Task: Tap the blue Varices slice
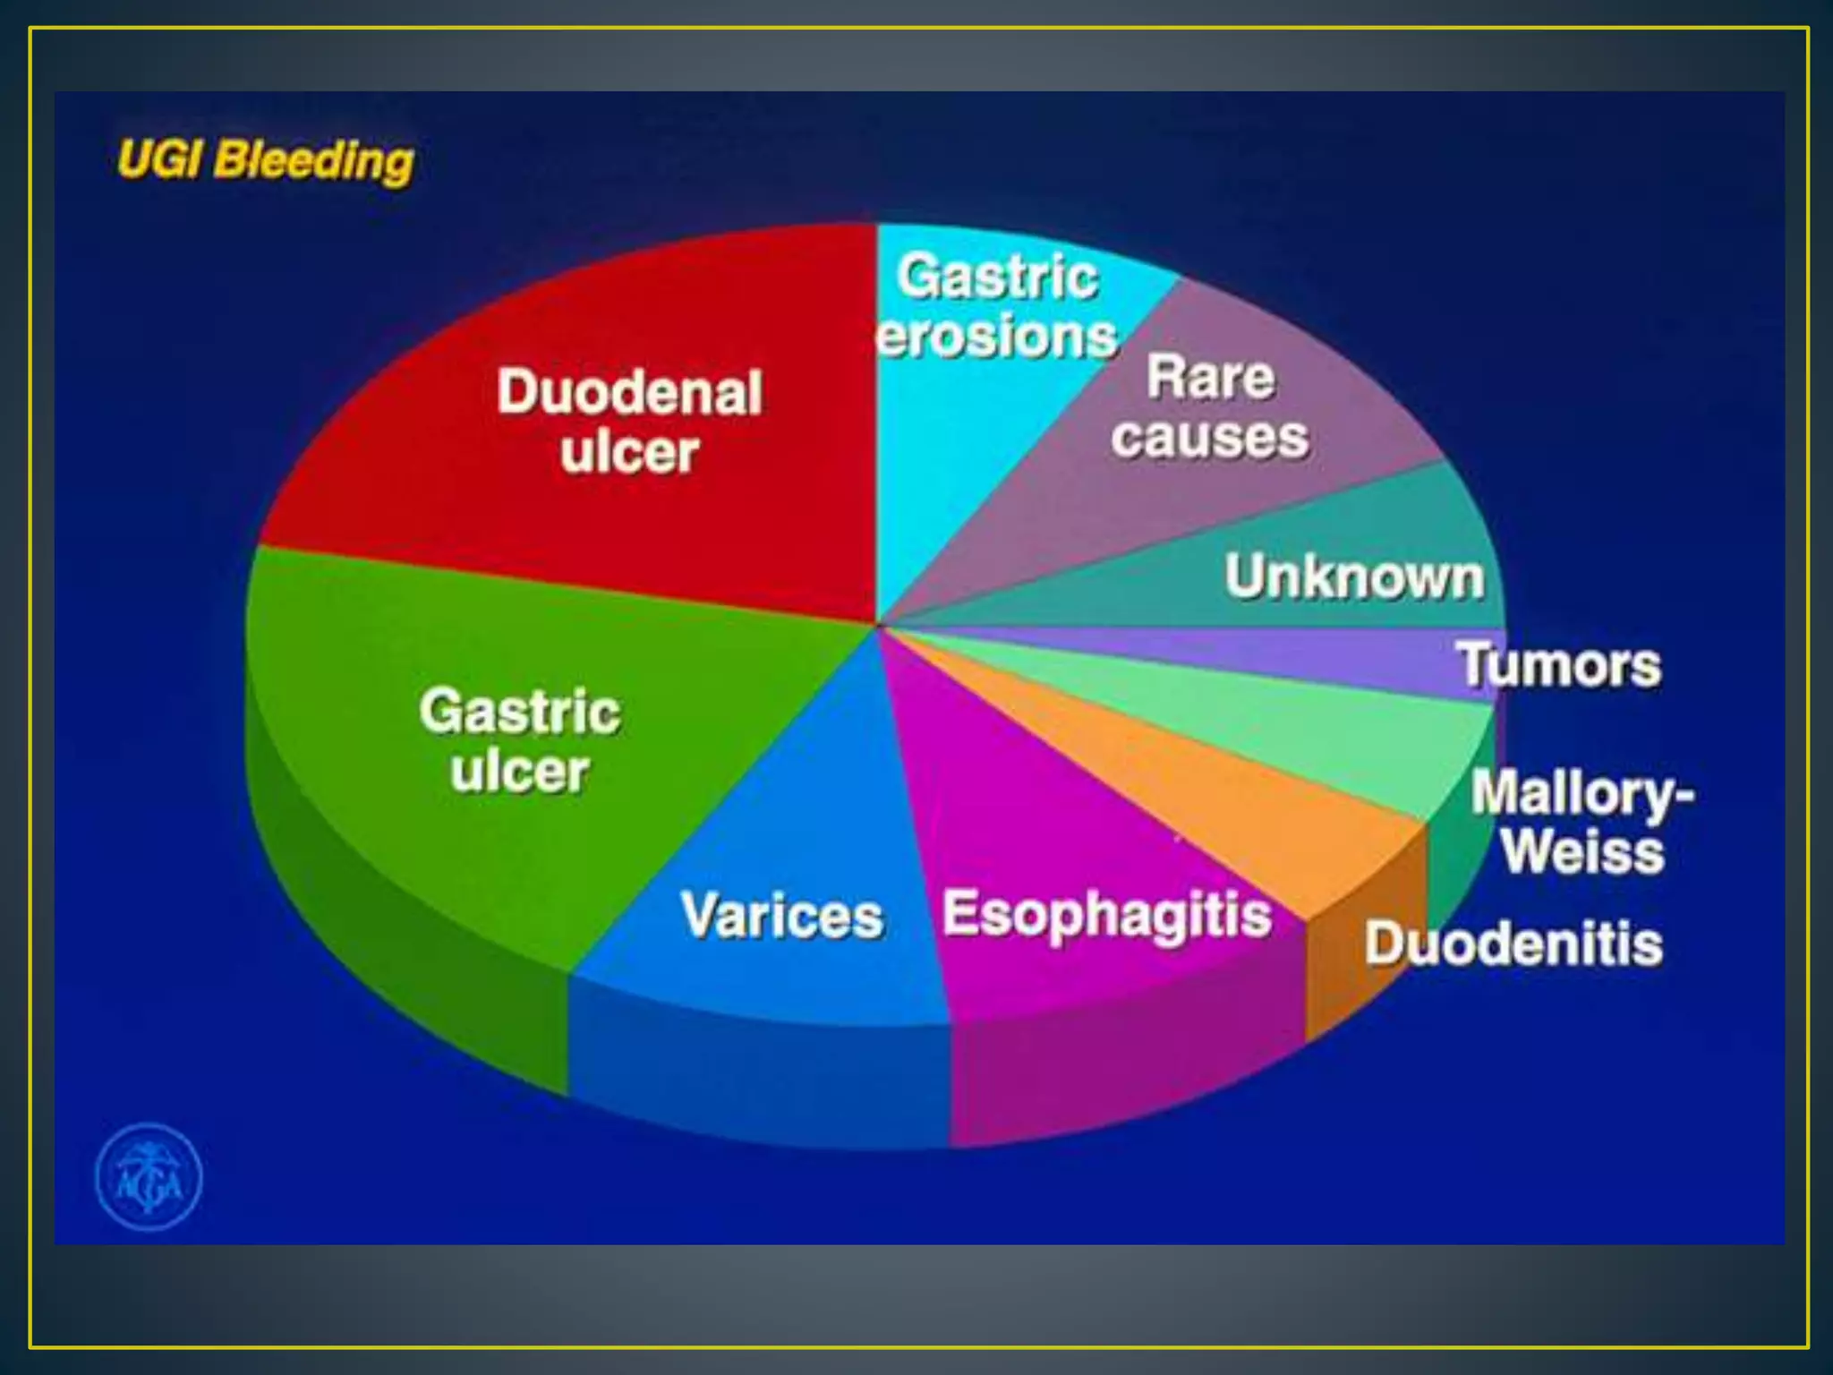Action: pyautogui.click(x=788, y=806)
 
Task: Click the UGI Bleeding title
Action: pyautogui.click(x=266, y=161)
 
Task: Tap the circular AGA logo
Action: pyautogui.click(x=149, y=1176)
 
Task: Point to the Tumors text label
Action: pyautogui.click(x=1560, y=665)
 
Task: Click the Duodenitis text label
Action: pyautogui.click(x=1513, y=944)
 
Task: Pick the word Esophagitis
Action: pyautogui.click(x=1107, y=915)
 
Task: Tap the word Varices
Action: pyautogui.click(x=782, y=916)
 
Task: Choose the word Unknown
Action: pyautogui.click(x=1354, y=576)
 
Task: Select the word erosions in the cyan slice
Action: pyautogui.click(x=997, y=337)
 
